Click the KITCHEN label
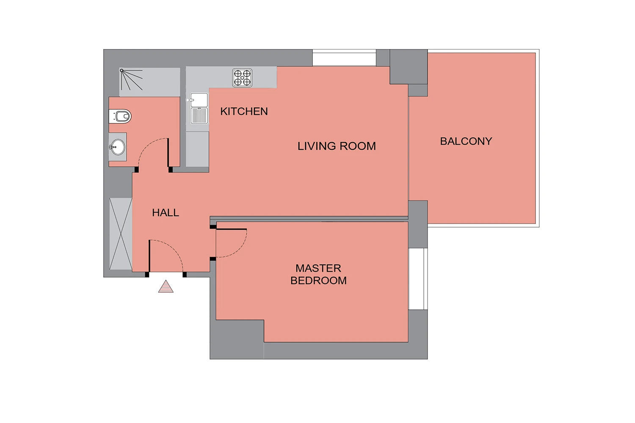(244, 111)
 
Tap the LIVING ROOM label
(337, 146)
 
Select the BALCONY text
(466, 141)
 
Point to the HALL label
(165, 212)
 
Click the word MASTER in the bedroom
(318, 268)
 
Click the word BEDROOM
(318, 280)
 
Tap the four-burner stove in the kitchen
(242, 78)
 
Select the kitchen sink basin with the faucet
(199, 100)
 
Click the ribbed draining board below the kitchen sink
(199, 115)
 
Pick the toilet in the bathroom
(120, 116)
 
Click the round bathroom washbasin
(118, 147)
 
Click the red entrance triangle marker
(166, 286)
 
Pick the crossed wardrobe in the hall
(121, 234)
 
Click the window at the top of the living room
(344, 58)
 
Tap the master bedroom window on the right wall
(418, 279)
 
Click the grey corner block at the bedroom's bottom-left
(237, 339)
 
